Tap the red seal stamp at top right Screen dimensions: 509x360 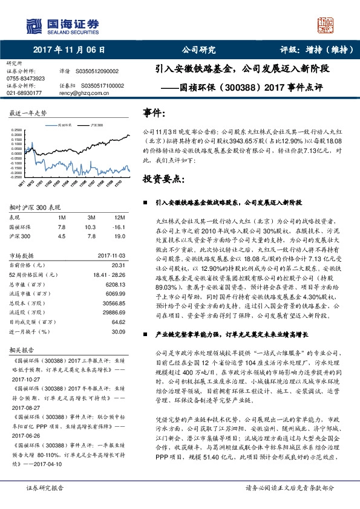tap(327, 25)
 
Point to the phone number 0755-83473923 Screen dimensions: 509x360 tap(25, 79)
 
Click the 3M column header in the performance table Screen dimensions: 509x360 tap(91, 217)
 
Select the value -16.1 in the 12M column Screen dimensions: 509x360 tap(118, 226)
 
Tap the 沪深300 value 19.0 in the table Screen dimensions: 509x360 tap(119, 235)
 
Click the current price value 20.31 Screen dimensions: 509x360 tap(118, 265)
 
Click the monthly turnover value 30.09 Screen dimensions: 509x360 tap(118, 331)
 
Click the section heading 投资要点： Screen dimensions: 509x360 tap(163, 179)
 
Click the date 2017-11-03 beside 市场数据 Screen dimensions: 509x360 tap(111, 255)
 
